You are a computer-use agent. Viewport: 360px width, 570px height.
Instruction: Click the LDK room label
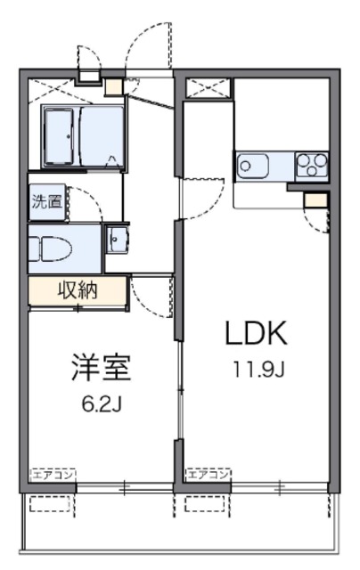pyautogui.click(x=257, y=333)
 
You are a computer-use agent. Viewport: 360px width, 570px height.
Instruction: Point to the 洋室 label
pyautogui.click(x=101, y=367)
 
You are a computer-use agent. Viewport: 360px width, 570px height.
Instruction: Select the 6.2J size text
pyautogui.click(x=101, y=404)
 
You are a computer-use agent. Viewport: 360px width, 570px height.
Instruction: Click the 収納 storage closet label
pyautogui.click(x=78, y=290)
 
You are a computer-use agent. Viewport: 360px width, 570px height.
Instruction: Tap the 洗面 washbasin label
pyautogui.click(x=47, y=201)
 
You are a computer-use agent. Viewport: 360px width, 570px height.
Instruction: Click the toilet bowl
pyautogui.click(x=50, y=248)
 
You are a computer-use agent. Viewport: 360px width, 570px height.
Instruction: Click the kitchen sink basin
pyautogui.click(x=252, y=167)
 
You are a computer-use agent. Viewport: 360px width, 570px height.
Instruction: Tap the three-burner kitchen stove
pyautogui.click(x=312, y=166)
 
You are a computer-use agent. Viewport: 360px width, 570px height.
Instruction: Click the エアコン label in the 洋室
pyautogui.click(x=53, y=475)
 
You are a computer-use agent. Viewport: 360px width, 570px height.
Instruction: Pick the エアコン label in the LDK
pyautogui.click(x=209, y=474)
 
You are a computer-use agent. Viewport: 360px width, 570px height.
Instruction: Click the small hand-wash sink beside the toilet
pyautogui.click(x=117, y=240)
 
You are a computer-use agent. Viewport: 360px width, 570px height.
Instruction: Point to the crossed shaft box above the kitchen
pyautogui.click(x=209, y=88)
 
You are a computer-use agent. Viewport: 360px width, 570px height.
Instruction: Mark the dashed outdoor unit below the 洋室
pyautogui.click(x=50, y=504)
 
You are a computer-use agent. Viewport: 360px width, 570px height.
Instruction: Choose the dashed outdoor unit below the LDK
pyautogui.click(x=206, y=504)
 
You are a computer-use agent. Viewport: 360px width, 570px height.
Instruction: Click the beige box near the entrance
pyautogui.click(x=114, y=86)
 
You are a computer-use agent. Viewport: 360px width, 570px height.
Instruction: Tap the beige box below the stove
pyautogui.click(x=315, y=200)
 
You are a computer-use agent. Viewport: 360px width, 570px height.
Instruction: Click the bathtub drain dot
pyautogui.click(x=69, y=136)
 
